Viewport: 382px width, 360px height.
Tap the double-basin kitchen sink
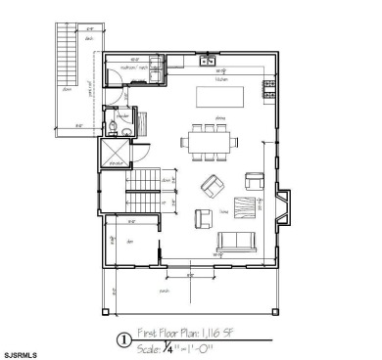[x=208, y=62]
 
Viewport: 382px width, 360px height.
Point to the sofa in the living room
[x=238, y=243]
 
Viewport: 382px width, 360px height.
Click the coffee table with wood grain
[x=244, y=207]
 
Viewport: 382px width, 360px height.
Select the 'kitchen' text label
[x=221, y=80]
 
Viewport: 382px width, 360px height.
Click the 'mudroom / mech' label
[x=134, y=68]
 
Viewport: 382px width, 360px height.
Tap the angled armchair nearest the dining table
[x=211, y=183]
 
